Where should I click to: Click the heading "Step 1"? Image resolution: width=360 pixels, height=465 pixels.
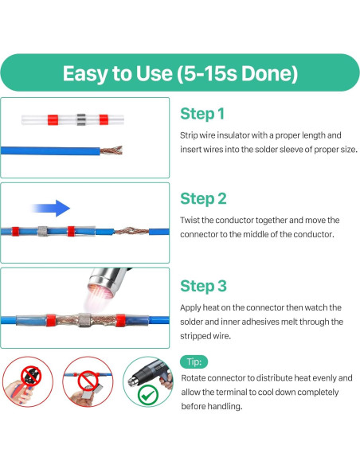[x=202, y=114]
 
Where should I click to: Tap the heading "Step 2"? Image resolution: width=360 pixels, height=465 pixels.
[x=203, y=199]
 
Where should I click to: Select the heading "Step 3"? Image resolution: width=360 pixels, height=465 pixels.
[x=203, y=286]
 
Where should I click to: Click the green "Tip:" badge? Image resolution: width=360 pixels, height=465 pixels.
[x=194, y=361]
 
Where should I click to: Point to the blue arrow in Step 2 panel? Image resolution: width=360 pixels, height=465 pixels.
[x=50, y=208]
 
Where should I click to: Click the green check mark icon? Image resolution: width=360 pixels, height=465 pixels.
[x=148, y=395]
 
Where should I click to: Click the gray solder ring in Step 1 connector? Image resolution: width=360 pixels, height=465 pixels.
[x=81, y=119]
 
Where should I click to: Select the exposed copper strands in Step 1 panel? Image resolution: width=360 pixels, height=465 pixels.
[x=112, y=150]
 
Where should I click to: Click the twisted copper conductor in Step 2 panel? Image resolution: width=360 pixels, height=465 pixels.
[x=131, y=230]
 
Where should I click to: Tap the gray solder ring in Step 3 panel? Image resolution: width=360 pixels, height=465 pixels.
[x=84, y=320]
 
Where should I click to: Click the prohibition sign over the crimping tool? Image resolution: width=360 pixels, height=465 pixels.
[x=31, y=376]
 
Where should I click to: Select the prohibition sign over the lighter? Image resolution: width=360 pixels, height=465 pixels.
[x=88, y=381]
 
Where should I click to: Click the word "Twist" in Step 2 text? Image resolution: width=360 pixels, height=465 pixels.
[x=190, y=221]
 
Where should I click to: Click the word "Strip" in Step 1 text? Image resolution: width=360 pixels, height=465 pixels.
[x=189, y=135]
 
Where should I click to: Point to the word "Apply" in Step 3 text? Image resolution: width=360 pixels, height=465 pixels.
[x=190, y=308]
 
